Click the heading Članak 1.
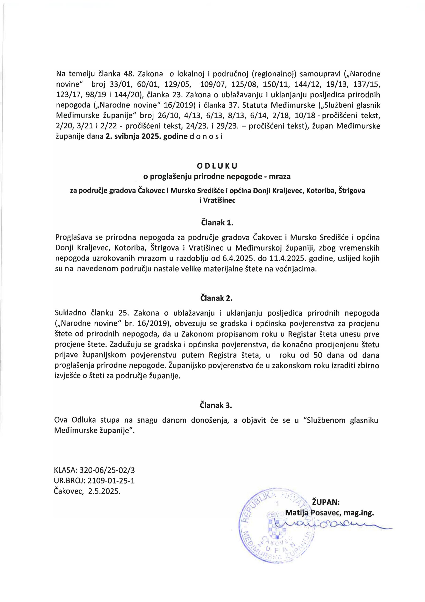[x=216, y=223]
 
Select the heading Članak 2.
[x=216, y=298]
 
